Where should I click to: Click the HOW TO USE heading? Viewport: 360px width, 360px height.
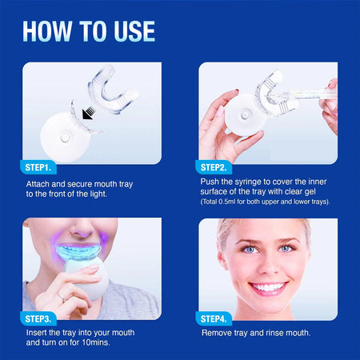(89, 30)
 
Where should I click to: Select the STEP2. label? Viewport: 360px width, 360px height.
(214, 167)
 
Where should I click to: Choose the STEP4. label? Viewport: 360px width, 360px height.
(214, 318)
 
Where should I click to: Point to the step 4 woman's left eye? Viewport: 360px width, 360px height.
(286, 249)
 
